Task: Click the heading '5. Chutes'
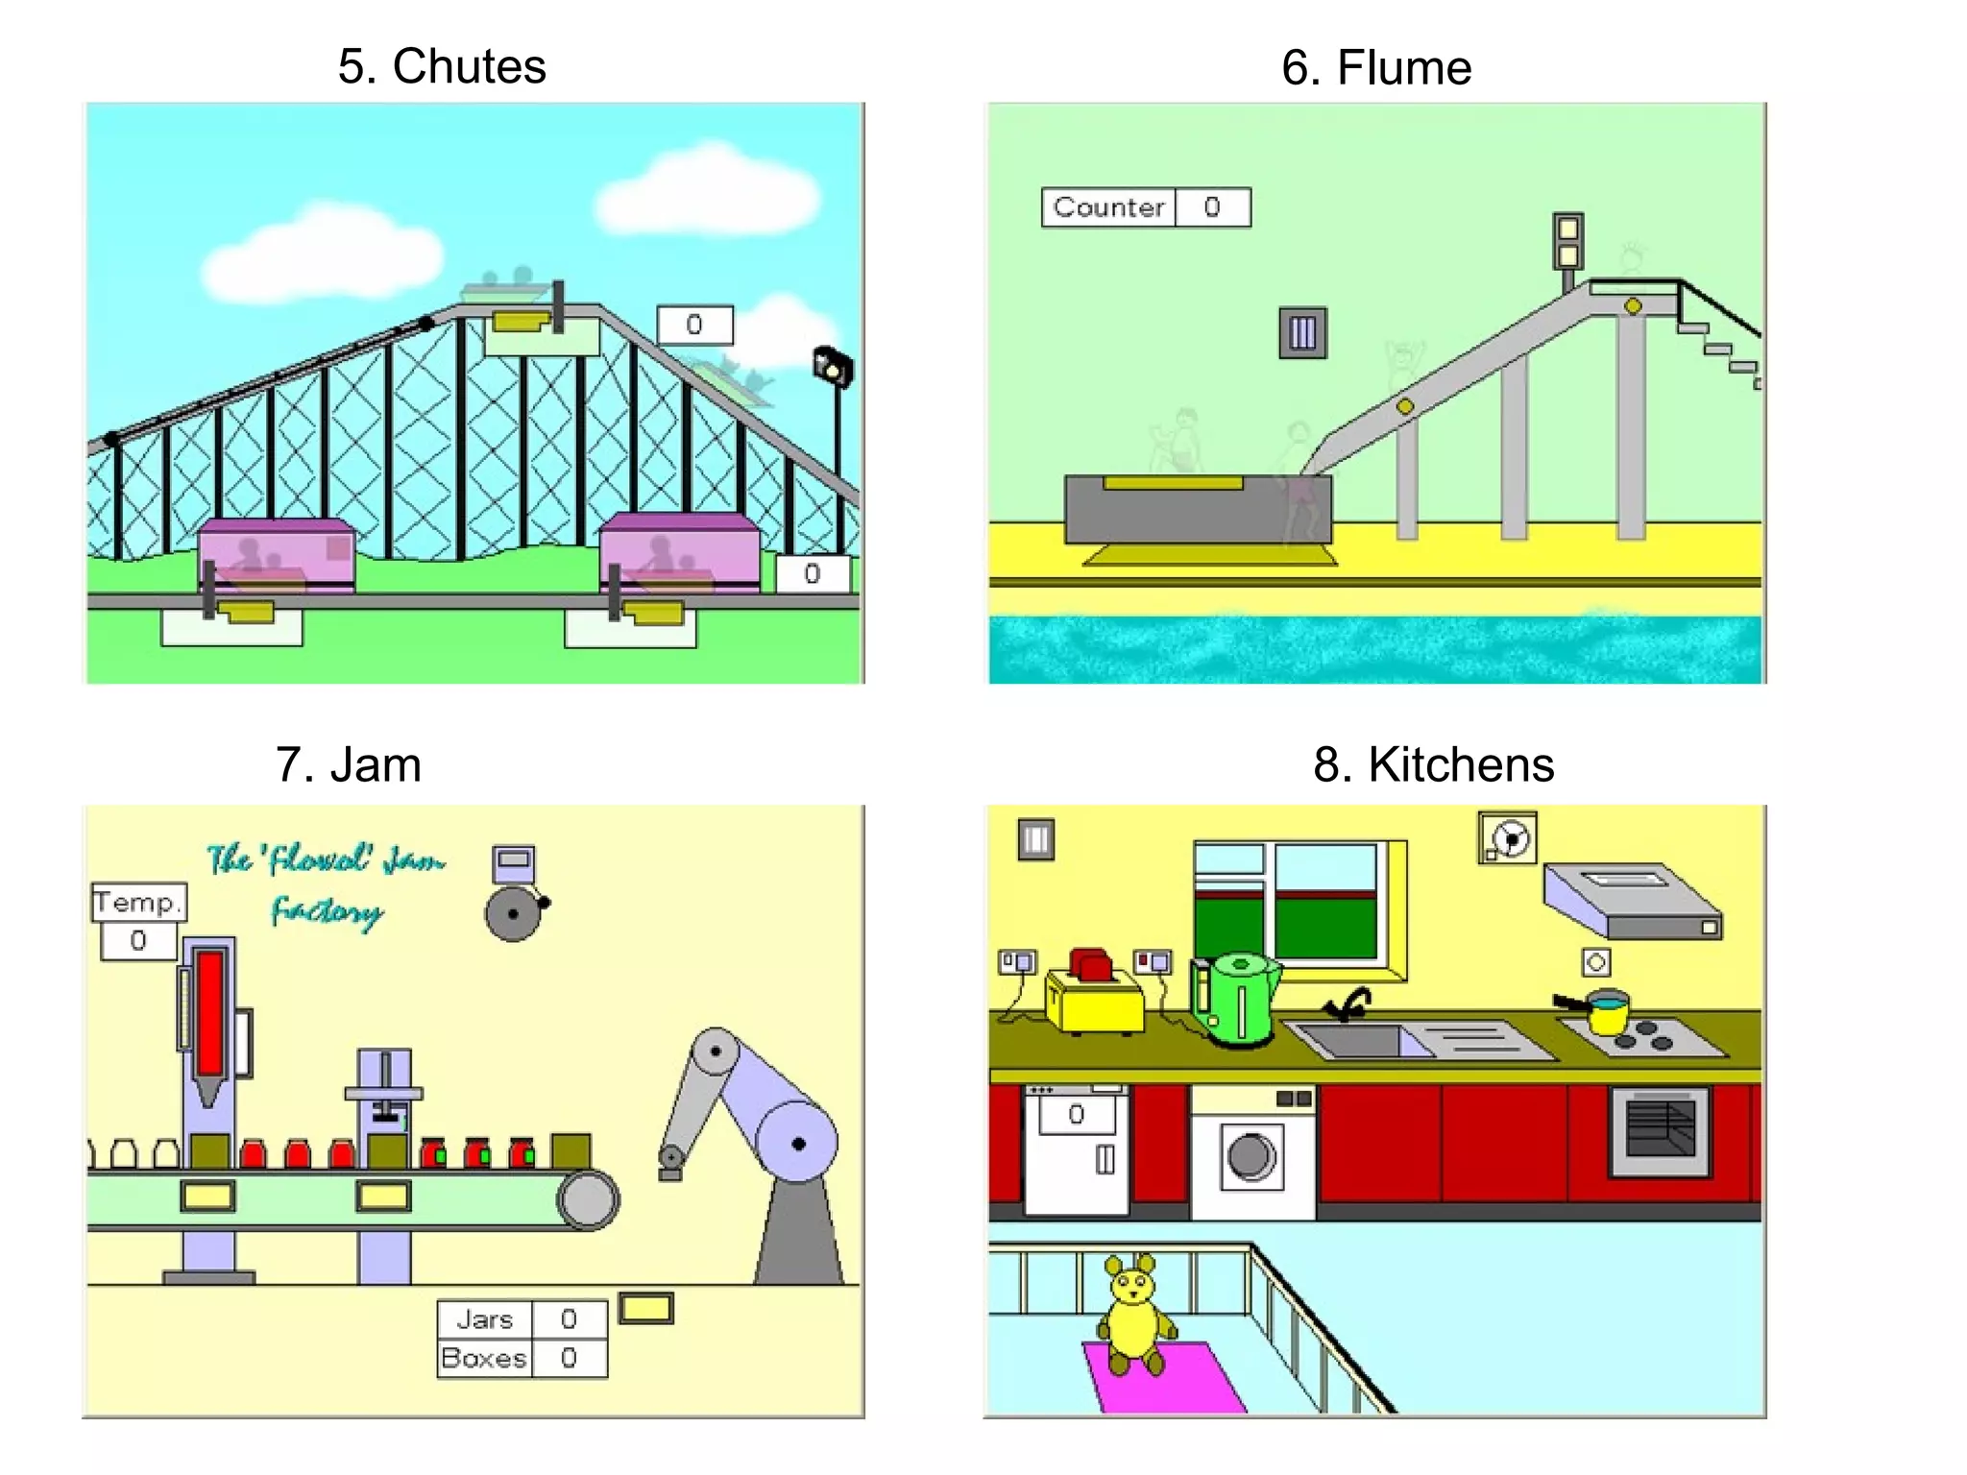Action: point(442,66)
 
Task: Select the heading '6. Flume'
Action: point(1375,68)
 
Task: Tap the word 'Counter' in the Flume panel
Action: point(1108,207)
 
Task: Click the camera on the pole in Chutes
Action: point(833,367)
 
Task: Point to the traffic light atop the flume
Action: point(1567,241)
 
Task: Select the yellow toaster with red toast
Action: point(1095,995)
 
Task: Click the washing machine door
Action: point(1251,1156)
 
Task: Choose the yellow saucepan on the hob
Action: point(1607,1014)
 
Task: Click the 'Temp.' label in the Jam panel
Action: point(137,903)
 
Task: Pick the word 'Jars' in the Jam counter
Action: point(485,1319)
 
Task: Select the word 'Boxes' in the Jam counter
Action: point(484,1358)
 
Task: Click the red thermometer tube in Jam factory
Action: point(210,1013)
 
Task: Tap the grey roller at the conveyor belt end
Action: point(588,1199)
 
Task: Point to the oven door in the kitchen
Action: point(1660,1130)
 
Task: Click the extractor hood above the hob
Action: point(1631,901)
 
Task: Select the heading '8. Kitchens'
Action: point(1433,765)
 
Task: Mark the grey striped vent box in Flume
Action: point(1302,333)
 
